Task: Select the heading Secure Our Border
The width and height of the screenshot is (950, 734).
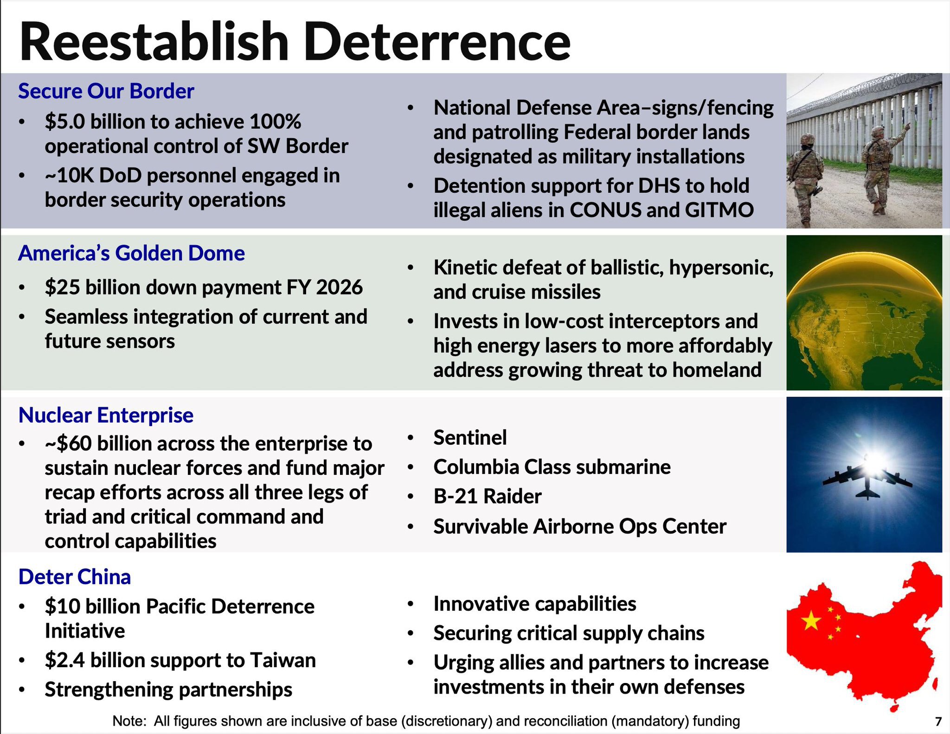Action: tap(106, 91)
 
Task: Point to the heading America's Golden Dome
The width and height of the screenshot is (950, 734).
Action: tap(131, 253)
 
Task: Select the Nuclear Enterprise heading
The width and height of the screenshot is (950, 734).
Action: tap(106, 415)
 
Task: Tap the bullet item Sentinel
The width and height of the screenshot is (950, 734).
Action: tap(470, 438)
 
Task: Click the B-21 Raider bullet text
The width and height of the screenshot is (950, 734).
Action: tap(487, 496)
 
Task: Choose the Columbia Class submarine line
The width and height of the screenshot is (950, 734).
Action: tap(552, 467)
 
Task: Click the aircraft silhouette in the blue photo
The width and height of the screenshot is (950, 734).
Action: tap(867, 481)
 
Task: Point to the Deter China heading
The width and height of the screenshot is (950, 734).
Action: tap(74, 577)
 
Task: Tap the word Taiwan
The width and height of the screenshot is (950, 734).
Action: tap(282, 660)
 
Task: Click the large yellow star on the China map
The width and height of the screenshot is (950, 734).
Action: tap(811, 620)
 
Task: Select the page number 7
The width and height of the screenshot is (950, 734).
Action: tap(938, 721)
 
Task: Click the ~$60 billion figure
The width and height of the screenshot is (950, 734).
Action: tap(68, 444)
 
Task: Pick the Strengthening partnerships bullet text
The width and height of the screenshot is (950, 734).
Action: tap(168, 689)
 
